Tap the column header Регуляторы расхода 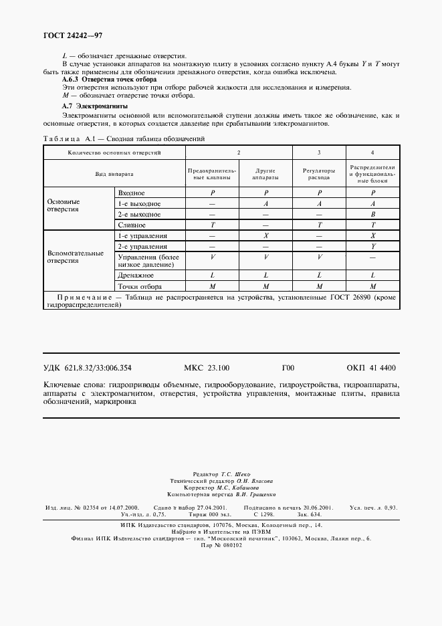319,176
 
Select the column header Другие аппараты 266,176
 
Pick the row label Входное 131,193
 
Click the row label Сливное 131,225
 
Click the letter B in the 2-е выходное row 372,215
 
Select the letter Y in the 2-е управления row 372,247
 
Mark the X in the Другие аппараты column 266,236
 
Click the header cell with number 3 319,153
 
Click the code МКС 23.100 206,368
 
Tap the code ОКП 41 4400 371,368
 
